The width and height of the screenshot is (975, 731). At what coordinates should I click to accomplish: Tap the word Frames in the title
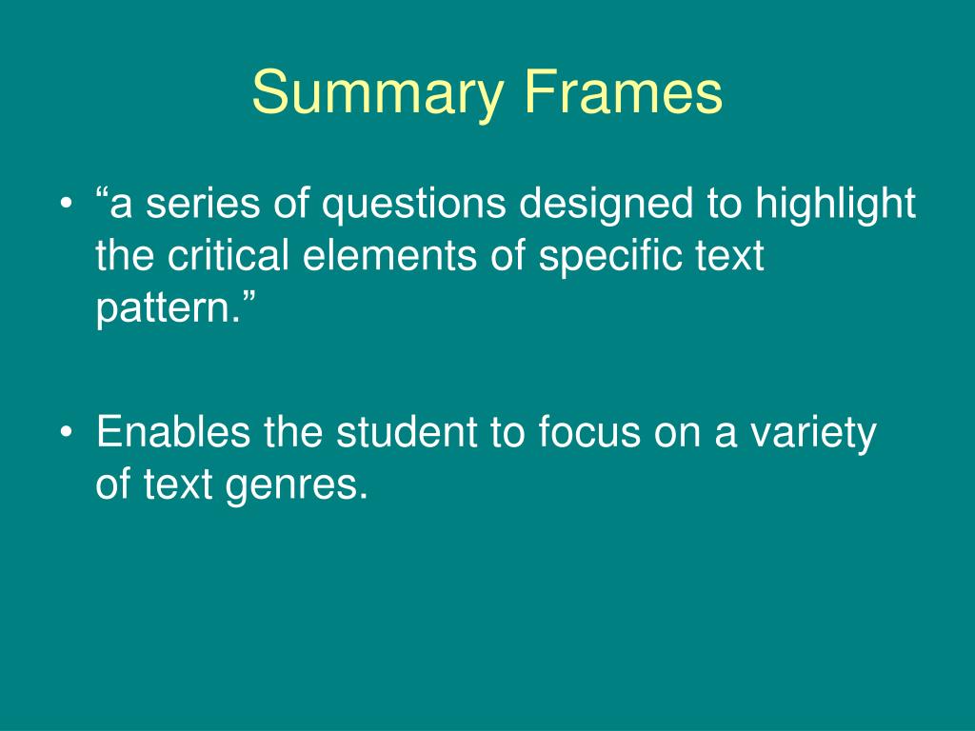[x=621, y=93]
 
